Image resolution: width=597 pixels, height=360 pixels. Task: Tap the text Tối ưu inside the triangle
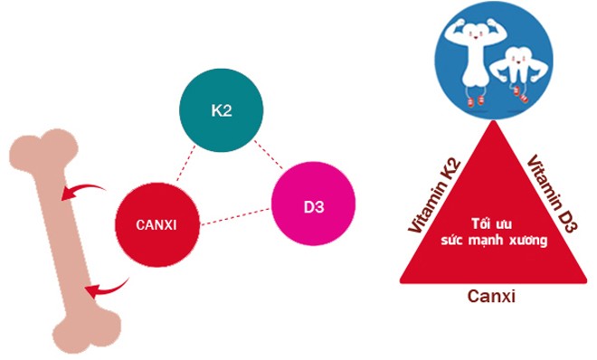pos(492,223)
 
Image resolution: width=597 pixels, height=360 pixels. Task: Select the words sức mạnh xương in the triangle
pos(492,242)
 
